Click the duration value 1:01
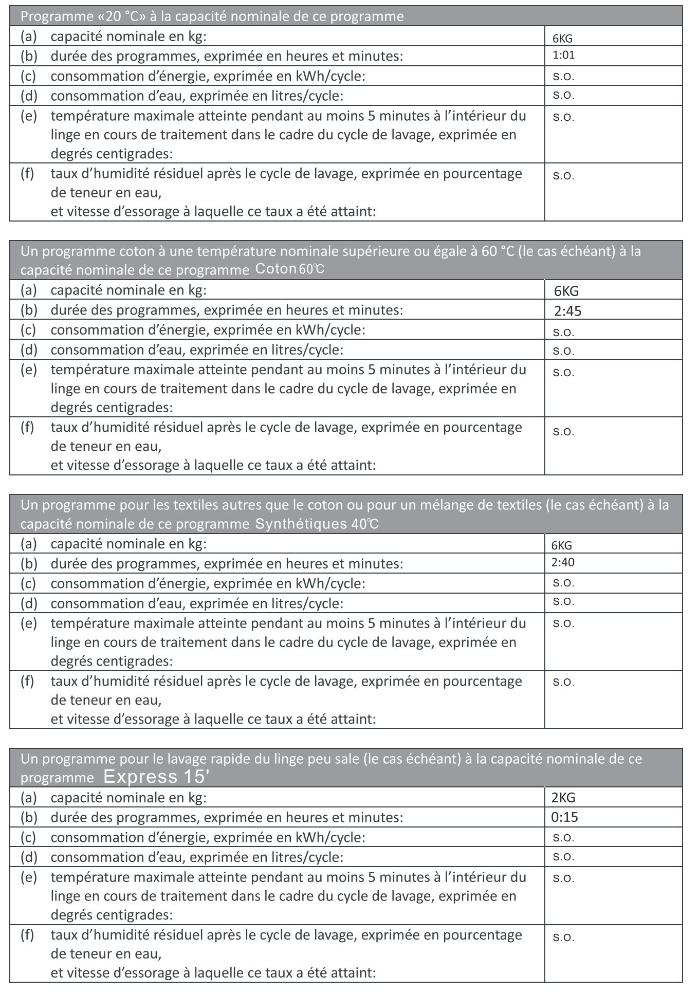pos(563,56)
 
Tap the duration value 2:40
pos(563,562)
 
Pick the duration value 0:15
pos(564,817)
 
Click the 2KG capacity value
pos(563,798)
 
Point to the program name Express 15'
pos(156,777)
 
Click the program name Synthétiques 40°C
pos(317,524)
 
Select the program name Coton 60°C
pos(290,269)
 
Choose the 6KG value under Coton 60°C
pos(566,291)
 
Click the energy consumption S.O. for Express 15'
pos(563,838)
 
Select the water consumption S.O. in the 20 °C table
pos(563,96)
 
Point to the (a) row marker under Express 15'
pos(29,798)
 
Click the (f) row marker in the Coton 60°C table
pos(27,428)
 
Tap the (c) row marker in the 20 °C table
pos(29,76)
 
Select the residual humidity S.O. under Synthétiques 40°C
pos(563,683)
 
